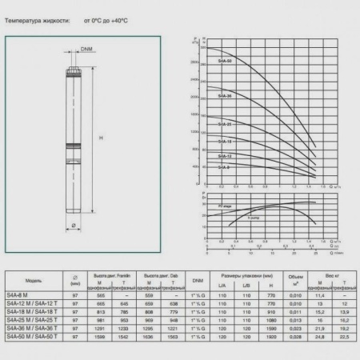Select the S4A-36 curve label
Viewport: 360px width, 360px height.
click(226, 96)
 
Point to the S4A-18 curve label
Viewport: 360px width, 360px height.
click(226, 140)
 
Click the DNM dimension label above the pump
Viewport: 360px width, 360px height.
click(86, 50)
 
